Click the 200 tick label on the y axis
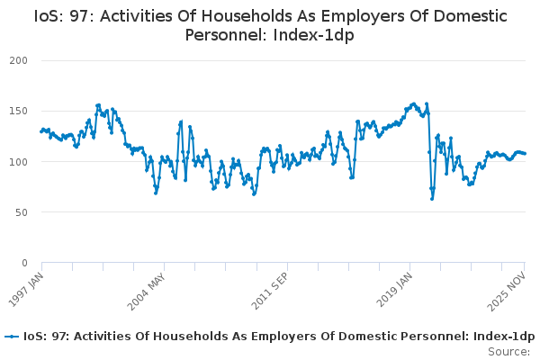[x=19, y=60]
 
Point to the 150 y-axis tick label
[x=19, y=111]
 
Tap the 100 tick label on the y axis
[x=19, y=162]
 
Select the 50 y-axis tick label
[x=22, y=212]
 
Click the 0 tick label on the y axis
[x=25, y=263]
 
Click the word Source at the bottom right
[x=508, y=351]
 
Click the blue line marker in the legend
[x=12, y=337]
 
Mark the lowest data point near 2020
[x=432, y=198]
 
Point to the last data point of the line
[x=526, y=154]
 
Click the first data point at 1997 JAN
[x=41, y=131]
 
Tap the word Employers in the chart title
[x=334, y=16]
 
